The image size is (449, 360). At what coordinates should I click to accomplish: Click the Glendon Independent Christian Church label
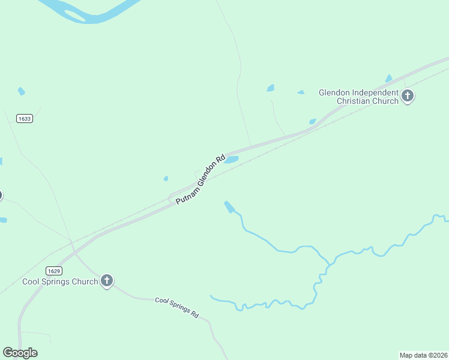point(358,97)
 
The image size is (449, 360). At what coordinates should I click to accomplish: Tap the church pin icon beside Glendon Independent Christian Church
point(408,96)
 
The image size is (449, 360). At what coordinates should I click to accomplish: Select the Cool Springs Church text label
point(60,281)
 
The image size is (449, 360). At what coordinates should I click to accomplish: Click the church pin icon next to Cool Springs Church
point(106,280)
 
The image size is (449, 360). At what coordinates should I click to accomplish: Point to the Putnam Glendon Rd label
point(200,179)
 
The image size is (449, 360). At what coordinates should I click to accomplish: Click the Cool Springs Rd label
point(176,307)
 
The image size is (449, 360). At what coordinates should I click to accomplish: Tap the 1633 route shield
point(25,119)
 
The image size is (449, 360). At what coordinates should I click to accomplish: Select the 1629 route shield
point(53,271)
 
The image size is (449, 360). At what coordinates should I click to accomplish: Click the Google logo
point(20,353)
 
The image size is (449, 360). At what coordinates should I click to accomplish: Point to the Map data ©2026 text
point(423,355)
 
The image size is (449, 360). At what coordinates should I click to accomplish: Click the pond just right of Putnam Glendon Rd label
point(231,160)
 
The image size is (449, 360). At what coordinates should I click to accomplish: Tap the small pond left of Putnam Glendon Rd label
point(166,178)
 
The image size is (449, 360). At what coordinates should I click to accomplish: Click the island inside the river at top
point(74,15)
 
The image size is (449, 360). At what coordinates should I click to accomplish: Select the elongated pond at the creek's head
point(229,207)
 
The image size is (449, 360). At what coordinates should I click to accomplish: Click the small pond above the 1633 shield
point(22,91)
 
